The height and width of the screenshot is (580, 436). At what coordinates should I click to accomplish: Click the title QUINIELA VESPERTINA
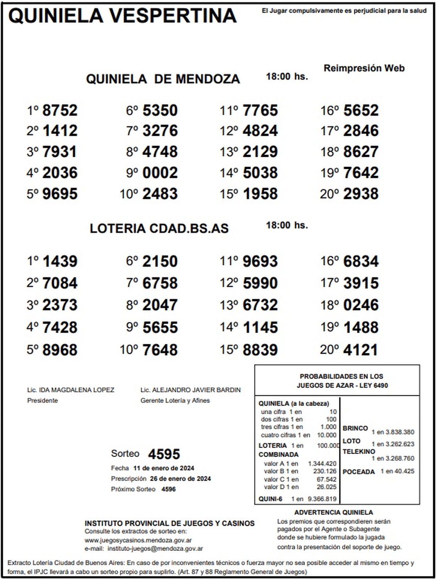(122, 16)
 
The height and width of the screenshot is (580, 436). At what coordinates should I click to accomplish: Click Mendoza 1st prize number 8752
(60, 110)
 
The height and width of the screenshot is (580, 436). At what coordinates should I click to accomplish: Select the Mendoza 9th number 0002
(160, 172)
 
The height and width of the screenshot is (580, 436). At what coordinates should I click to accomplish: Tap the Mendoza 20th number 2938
(361, 194)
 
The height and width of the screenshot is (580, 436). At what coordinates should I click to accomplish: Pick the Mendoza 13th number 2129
(260, 152)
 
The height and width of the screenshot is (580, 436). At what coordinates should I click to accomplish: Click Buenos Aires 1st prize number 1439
(60, 261)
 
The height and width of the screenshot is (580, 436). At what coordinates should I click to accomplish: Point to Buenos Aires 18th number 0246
(361, 305)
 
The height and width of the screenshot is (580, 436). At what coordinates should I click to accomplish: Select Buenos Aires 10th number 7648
(160, 350)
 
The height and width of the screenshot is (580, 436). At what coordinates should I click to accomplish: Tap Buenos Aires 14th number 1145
(260, 327)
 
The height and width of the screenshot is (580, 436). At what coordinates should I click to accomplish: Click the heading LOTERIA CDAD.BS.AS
(159, 228)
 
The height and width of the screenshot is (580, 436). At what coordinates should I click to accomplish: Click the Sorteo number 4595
(164, 454)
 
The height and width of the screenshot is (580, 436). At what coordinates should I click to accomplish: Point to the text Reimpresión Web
(364, 68)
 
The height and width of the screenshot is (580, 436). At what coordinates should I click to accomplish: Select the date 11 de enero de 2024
(163, 468)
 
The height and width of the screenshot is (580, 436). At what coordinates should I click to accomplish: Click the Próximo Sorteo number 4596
(168, 489)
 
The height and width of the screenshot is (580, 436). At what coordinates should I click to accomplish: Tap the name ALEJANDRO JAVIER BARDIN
(196, 390)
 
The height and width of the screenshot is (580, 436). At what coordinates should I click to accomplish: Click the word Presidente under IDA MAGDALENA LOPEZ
(43, 400)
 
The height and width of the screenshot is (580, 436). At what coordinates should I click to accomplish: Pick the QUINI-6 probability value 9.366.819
(322, 499)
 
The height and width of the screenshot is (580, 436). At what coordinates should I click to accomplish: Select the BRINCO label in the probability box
(355, 428)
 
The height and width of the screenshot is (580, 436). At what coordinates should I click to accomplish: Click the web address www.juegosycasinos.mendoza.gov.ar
(138, 540)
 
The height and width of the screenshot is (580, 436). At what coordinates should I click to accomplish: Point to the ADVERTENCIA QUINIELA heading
(334, 512)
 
